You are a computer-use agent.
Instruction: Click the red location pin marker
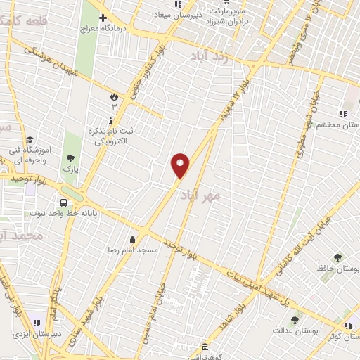(180, 165)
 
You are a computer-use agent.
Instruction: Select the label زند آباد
(205, 62)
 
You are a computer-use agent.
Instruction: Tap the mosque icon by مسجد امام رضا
(132, 239)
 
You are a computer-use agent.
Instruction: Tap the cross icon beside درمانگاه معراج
(103, 18)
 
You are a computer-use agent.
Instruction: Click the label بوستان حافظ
(338, 269)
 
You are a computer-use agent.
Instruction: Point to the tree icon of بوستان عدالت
(294, 320)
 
